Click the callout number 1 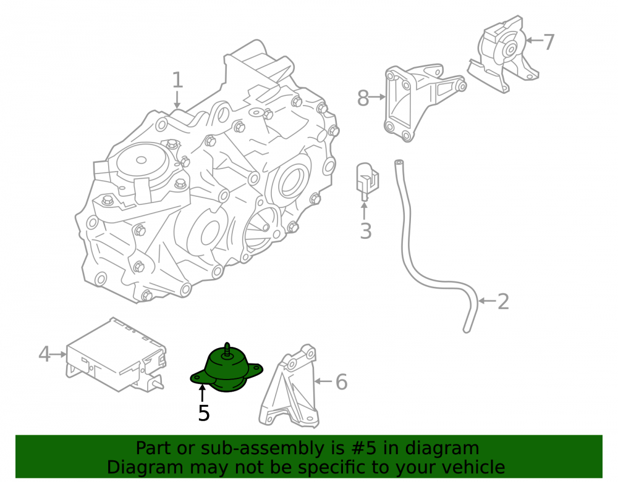click(178, 80)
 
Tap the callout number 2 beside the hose click(503, 302)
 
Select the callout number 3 click(366, 231)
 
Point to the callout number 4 click(44, 354)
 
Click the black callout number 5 click(204, 413)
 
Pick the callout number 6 click(341, 382)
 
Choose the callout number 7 click(549, 42)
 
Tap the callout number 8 click(363, 98)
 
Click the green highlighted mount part click(226, 370)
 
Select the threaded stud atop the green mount click(227, 350)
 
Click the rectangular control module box click(116, 355)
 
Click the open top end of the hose click(399, 162)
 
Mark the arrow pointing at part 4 click(59, 354)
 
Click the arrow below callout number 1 click(177, 99)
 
